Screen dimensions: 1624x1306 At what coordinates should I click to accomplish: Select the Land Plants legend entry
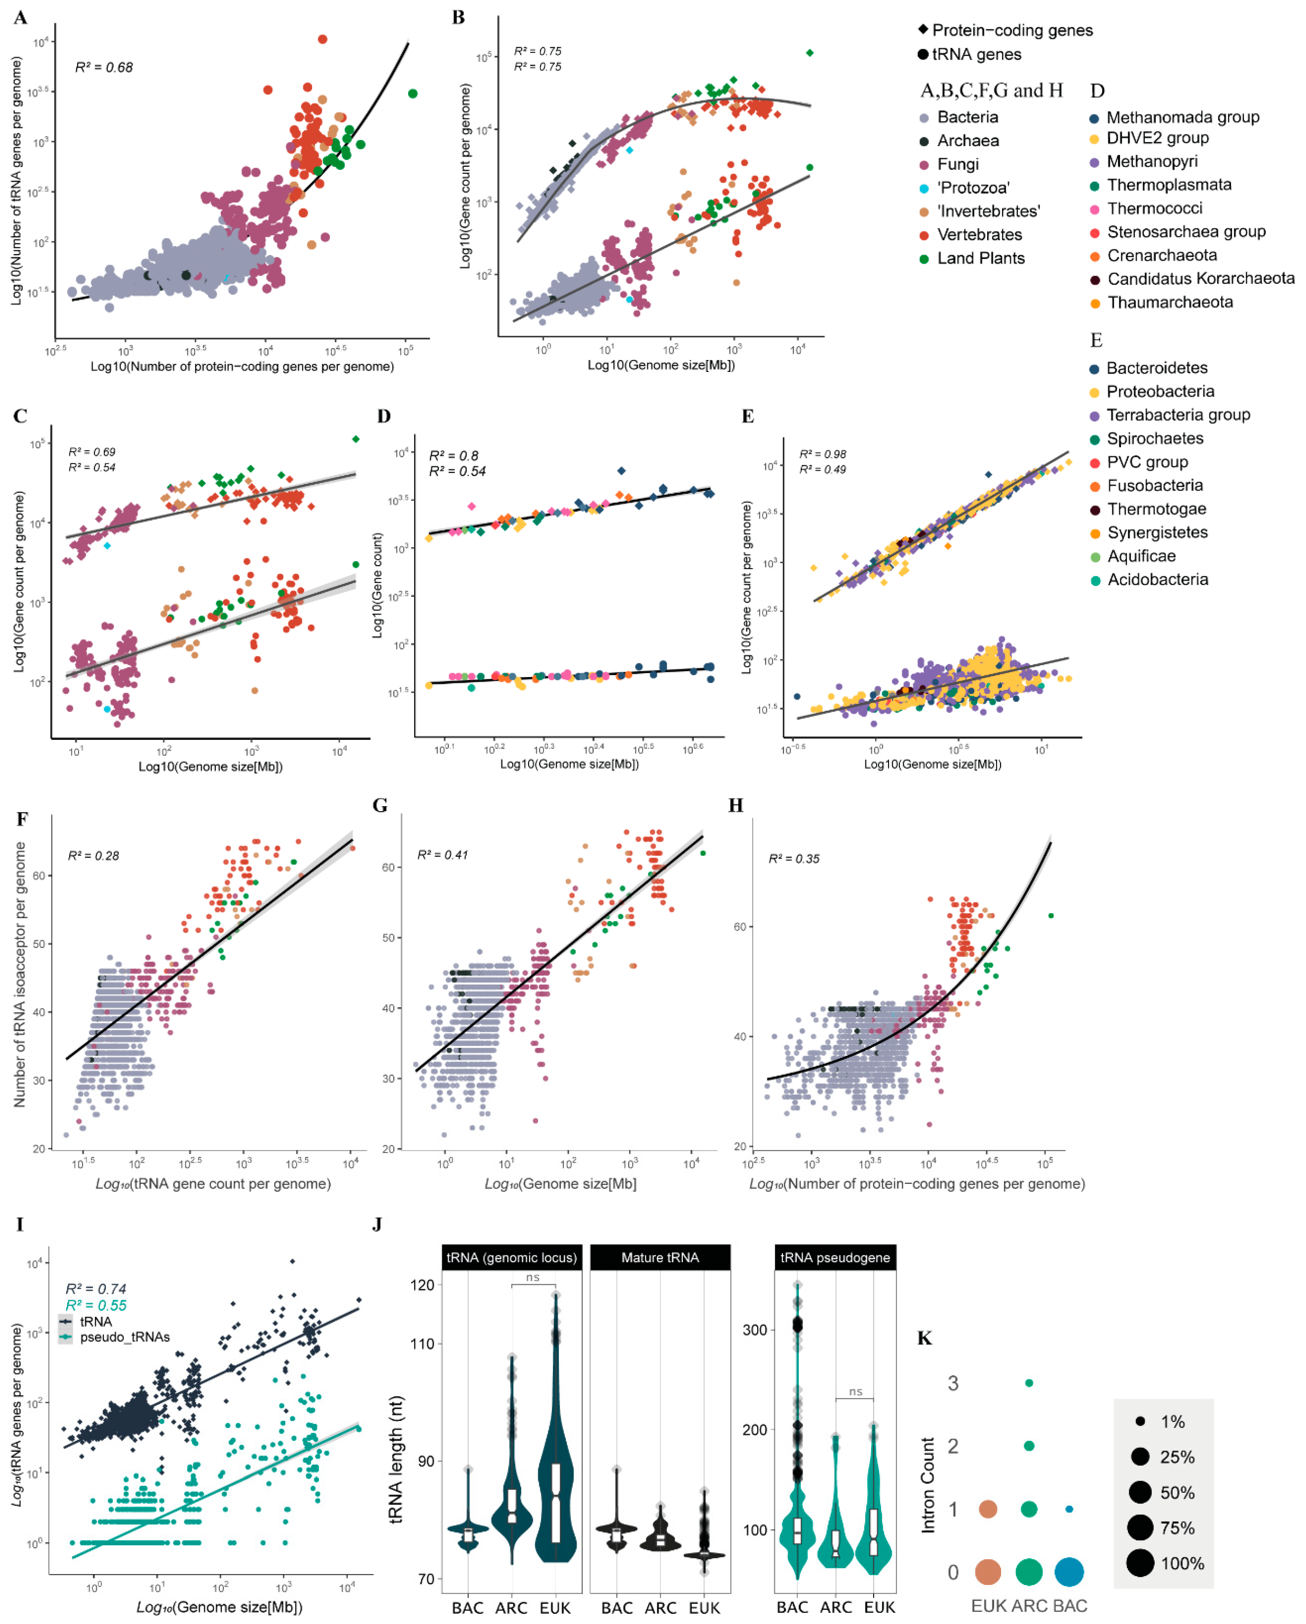[x=980, y=258]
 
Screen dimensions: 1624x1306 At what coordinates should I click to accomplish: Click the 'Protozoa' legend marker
[x=924, y=188]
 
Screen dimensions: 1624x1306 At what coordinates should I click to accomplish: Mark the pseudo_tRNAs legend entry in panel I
[x=124, y=1337]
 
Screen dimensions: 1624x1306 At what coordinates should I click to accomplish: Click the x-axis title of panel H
[x=916, y=1184]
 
